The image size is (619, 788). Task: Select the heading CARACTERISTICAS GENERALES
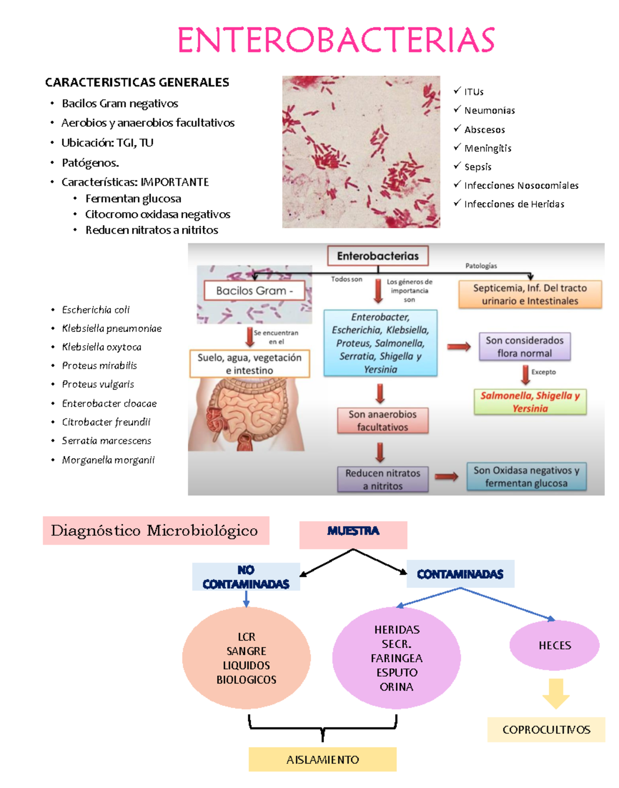[137, 83]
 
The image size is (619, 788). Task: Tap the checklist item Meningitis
[487, 148]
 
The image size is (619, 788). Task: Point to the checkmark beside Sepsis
[457, 166]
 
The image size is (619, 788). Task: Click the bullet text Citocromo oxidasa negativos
[157, 214]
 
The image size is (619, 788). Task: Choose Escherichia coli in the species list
[95, 310]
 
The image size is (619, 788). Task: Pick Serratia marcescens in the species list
[106, 441]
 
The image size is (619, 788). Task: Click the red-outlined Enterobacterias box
[378, 256]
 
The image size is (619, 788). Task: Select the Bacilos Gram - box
[254, 291]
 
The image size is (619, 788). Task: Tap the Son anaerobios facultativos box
[382, 421]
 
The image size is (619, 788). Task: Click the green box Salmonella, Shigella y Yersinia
[530, 402]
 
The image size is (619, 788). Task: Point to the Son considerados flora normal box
[524, 347]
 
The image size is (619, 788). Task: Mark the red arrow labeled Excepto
[526, 375]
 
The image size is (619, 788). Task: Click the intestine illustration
[246, 415]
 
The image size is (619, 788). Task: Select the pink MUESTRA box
[353, 535]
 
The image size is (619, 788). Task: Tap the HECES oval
[555, 645]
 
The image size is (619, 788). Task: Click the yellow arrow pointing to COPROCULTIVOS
[556, 694]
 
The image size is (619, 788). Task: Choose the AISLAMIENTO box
[322, 760]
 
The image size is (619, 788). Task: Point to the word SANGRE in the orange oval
[246, 651]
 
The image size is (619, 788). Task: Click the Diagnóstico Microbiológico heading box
[156, 530]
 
